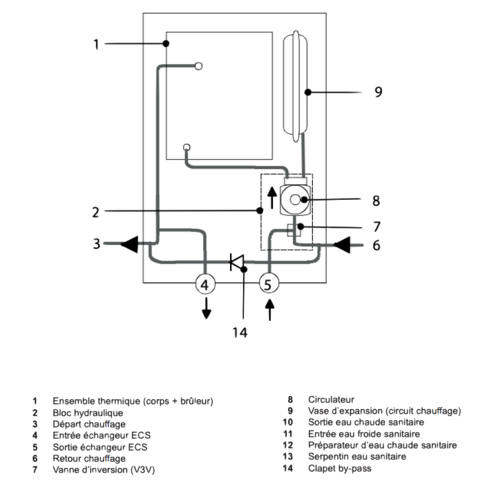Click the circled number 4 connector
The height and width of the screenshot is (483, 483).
(205, 284)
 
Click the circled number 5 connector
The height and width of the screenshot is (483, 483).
(269, 284)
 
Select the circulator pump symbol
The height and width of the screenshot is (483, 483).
(295, 200)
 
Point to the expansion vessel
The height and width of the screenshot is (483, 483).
(295, 86)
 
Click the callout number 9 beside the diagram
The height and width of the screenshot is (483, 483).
(378, 92)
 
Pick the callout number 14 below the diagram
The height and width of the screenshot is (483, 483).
(240, 332)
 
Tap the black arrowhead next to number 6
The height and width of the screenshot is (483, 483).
(342, 245)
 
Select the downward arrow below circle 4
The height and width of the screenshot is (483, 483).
(206, 308)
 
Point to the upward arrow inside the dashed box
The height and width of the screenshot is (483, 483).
(272, 198)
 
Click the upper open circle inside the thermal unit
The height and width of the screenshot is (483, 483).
(199, 66)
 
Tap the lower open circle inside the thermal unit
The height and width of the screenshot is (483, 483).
(186, 147)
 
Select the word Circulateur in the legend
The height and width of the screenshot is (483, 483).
(331, 399)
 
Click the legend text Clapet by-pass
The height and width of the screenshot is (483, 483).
(340, 469)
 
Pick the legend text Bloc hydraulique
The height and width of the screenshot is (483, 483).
(88, 413)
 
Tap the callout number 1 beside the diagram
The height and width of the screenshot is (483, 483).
(96, 44)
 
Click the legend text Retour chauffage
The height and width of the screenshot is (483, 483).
(89, 458)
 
